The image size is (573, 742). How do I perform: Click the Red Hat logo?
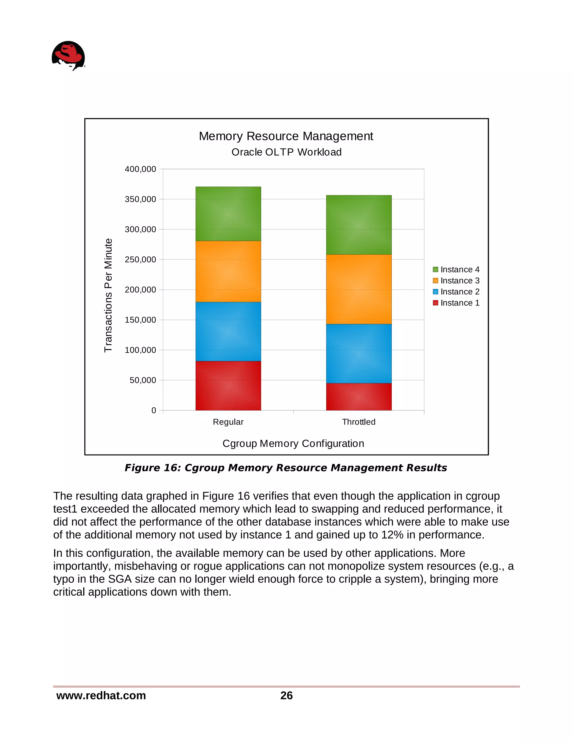pos(68,56)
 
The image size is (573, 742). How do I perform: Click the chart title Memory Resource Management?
pos(286,136)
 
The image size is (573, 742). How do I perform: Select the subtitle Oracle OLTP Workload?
pos(286,152)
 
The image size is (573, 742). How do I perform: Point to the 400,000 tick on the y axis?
pos(140,169)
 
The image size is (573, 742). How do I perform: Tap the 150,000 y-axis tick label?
pos(140,320)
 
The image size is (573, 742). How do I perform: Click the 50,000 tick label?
pos(143,380)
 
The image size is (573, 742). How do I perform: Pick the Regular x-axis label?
pos(228,422)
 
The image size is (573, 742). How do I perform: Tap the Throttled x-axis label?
pos(358,422)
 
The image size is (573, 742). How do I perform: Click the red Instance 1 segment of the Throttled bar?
pos(358,396)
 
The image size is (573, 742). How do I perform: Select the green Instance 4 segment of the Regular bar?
pos(228,214)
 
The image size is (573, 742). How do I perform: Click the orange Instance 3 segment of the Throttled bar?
pos(358,289)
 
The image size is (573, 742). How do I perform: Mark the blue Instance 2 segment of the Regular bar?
pos(228,331)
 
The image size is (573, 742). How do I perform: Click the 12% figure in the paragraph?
pos(392,535)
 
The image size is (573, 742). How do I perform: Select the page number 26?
pos(286,696)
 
